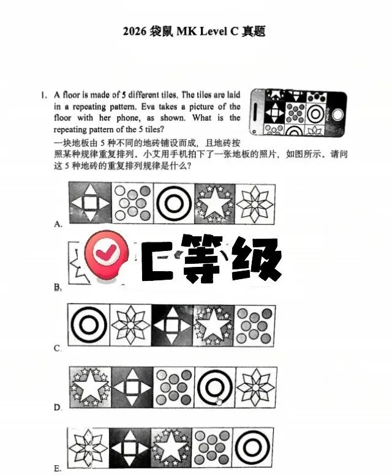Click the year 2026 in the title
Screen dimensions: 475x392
pos(134,31)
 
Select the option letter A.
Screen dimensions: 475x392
pos(58,224)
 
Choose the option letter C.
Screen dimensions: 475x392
pos(58,348)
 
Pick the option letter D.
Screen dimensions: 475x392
pos(58,407)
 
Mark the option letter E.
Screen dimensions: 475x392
pos(58,468)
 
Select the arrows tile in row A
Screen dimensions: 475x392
pos(89,203)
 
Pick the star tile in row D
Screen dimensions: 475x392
pos(89,387)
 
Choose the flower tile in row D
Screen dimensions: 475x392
pos(255,387)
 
